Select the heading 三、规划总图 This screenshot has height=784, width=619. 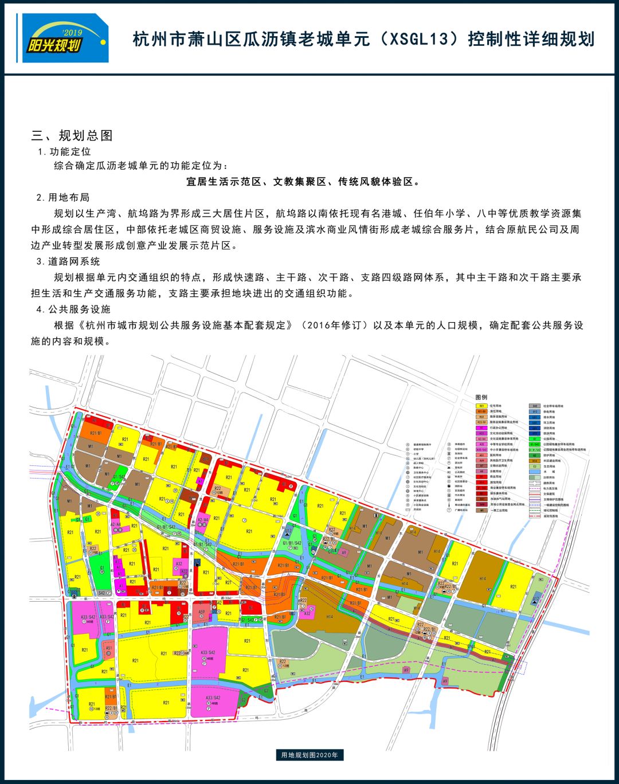pyautogui.click(x=72, y=136)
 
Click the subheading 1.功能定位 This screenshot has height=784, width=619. pyautogui.click(x=64, y=152)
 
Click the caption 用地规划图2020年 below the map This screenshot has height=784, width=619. pyautogui.click(x=309, y=755)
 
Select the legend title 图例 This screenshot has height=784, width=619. pyautogui.click(x=481, y=397)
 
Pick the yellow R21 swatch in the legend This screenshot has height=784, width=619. pyautogui.click(x=481, y=406)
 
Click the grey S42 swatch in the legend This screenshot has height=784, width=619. pyautogui.click(x=534, y=406)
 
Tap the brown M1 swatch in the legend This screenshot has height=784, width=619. pyautogui.click(x=481, y=510)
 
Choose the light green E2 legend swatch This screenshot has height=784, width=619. pyautogui.click(x=534, y=466)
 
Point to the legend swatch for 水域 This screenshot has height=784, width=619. pyautogui.click(x=534, y=472)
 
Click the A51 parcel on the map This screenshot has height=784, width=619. pyautogui.click(x=109, y=648)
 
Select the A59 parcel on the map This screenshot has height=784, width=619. pyautogui.click(x=202, y=612)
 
